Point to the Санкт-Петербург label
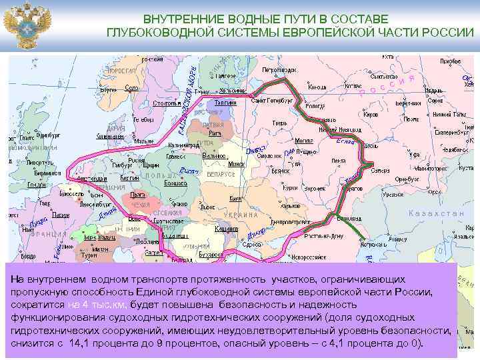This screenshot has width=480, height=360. pos(273,101)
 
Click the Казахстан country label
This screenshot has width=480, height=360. pos(436,213)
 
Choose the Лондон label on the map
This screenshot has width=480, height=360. pos(38,185)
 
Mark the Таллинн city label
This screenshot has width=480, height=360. pos(226,102)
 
